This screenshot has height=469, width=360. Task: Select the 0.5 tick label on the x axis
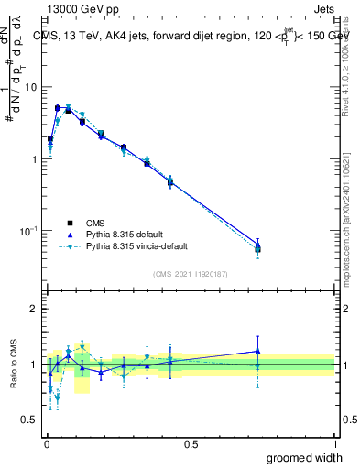[191, 443]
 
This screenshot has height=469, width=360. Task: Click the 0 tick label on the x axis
[46, 443]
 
